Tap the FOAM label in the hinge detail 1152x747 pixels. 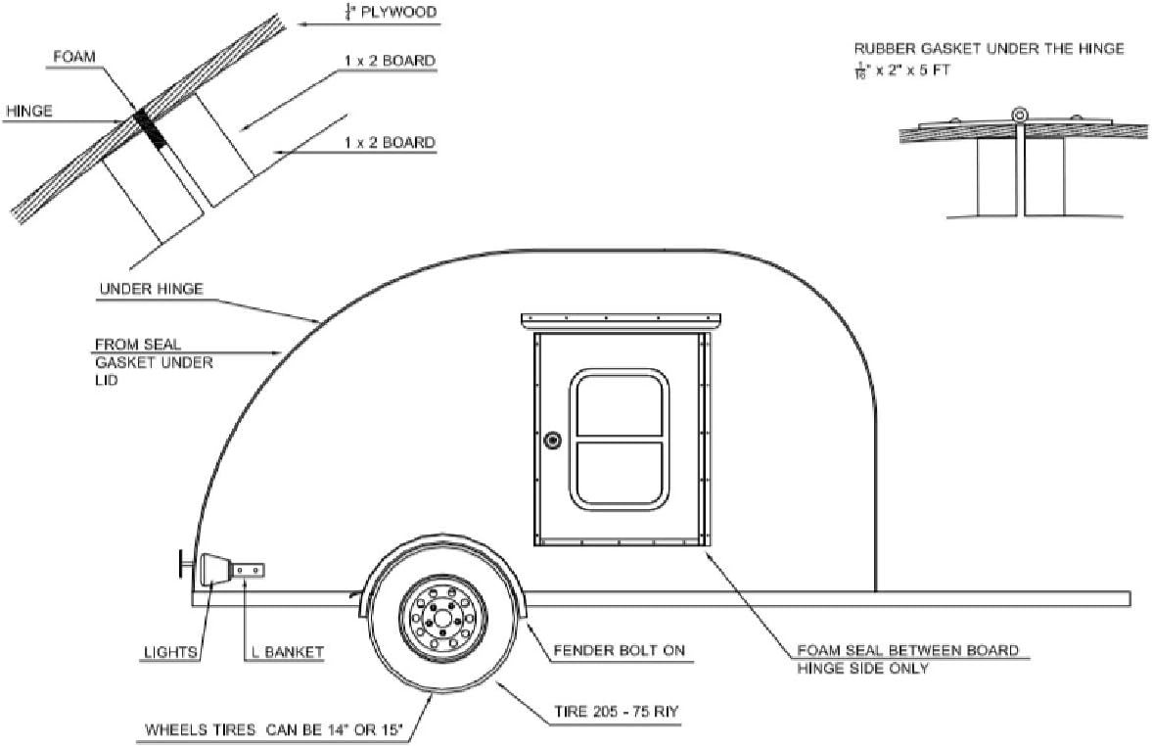[x=76, y=57]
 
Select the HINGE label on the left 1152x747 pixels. [x=29, y=112]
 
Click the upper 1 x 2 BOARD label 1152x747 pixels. [x=390, y=61]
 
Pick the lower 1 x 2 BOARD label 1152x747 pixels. [x=390, y=143]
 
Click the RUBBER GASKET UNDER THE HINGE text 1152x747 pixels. [x=989, y=48]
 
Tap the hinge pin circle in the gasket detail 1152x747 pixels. [x=1021, y=114]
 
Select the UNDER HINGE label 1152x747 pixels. [x=151, y=290]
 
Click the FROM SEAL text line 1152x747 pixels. [x=138, y=345]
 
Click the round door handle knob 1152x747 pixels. [x=553, y=441]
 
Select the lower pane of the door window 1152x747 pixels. [x=621, y=474]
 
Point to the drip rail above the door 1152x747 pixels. [x=622, y=319]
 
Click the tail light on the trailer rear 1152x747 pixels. [x=213, y=570]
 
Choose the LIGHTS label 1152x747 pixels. [x=171, y=651]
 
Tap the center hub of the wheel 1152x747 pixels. [x=442, y=617]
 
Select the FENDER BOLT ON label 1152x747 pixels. [x=619, y=650]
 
